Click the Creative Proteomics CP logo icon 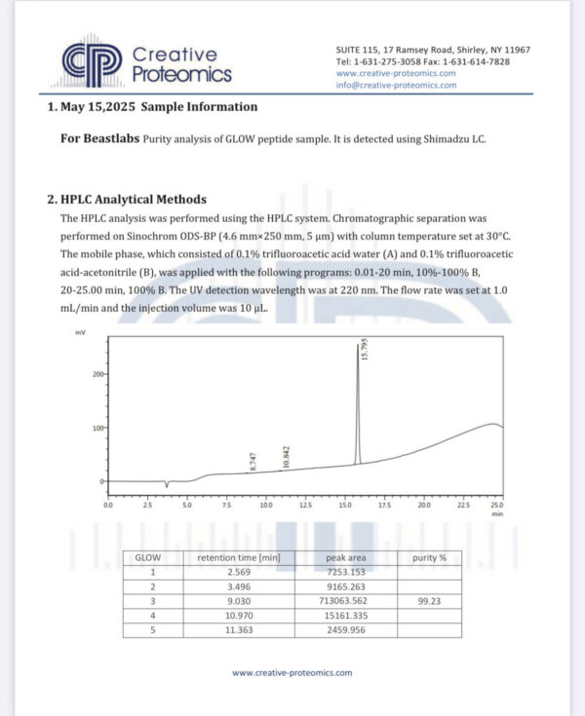pos(92,62)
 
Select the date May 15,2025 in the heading pos(100,107)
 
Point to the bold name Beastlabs pos(112,138)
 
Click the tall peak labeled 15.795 pos(357,409)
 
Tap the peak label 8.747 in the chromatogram pos(253,463)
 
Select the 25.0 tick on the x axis pos(496,507)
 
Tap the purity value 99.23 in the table pos(429,601)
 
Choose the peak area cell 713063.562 pos(345,601)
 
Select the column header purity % pos(429,557)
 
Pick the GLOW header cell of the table pos(147,557)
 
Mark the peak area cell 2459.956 pos(345,630)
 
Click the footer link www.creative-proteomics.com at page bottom pos(292,672)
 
